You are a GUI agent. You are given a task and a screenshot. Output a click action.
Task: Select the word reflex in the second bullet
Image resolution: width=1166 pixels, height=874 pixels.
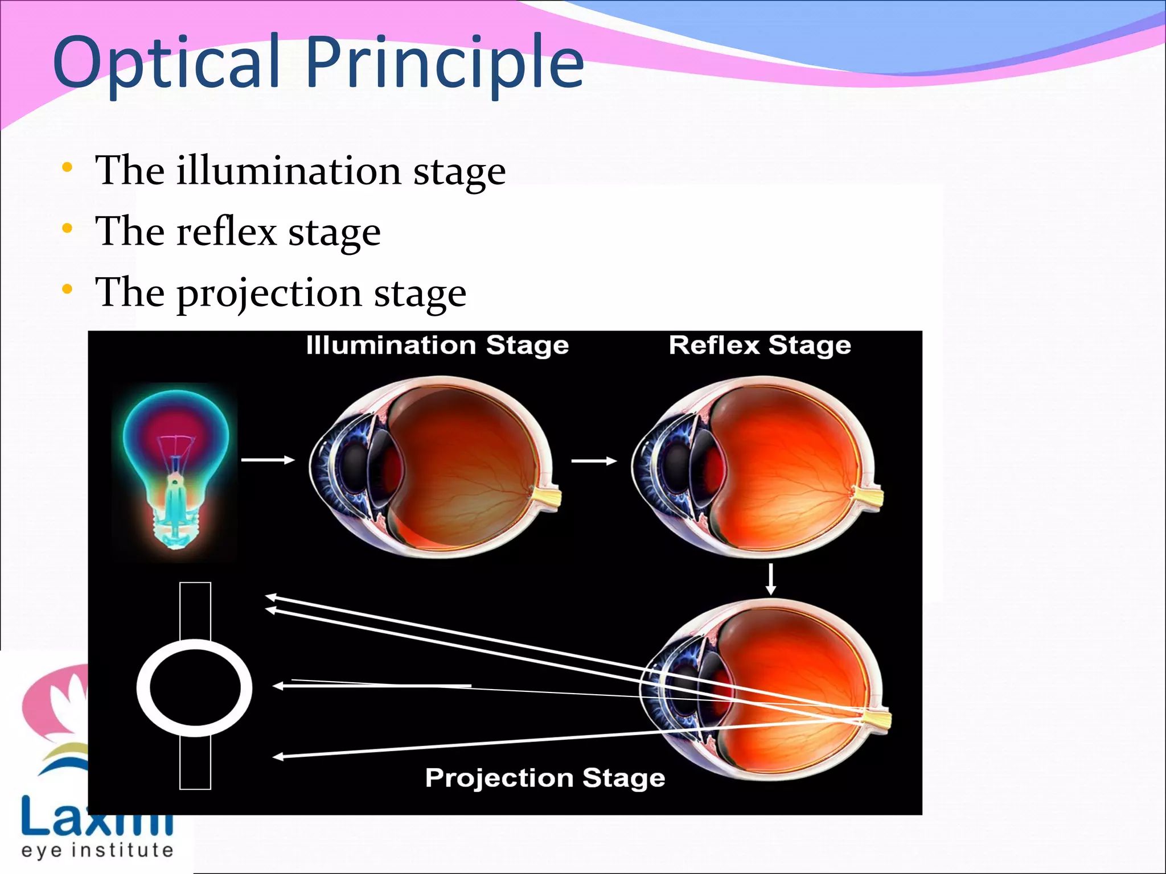227,232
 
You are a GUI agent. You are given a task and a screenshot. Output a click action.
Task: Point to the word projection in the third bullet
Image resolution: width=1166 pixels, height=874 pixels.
270,293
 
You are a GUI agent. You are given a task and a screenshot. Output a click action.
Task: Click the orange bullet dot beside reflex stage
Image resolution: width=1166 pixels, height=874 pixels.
67,229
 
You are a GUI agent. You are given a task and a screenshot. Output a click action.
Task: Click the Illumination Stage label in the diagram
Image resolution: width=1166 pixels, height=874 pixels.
437,345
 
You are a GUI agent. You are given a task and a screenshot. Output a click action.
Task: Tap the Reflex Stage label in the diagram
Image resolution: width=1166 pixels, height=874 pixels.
759,345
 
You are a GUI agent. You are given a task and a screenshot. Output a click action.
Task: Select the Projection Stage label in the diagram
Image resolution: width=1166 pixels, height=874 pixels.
545,778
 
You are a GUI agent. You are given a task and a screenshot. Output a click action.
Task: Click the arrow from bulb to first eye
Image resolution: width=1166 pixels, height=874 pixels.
268,460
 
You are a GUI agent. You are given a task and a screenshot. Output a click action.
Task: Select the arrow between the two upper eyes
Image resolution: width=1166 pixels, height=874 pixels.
594,461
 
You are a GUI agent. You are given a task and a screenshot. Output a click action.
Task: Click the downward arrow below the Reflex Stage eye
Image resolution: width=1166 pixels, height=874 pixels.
771,579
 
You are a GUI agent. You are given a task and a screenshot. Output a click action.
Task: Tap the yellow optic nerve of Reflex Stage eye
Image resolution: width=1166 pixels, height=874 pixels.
869,496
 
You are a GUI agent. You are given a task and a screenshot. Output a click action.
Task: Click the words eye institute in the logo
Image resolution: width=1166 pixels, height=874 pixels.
97,851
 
